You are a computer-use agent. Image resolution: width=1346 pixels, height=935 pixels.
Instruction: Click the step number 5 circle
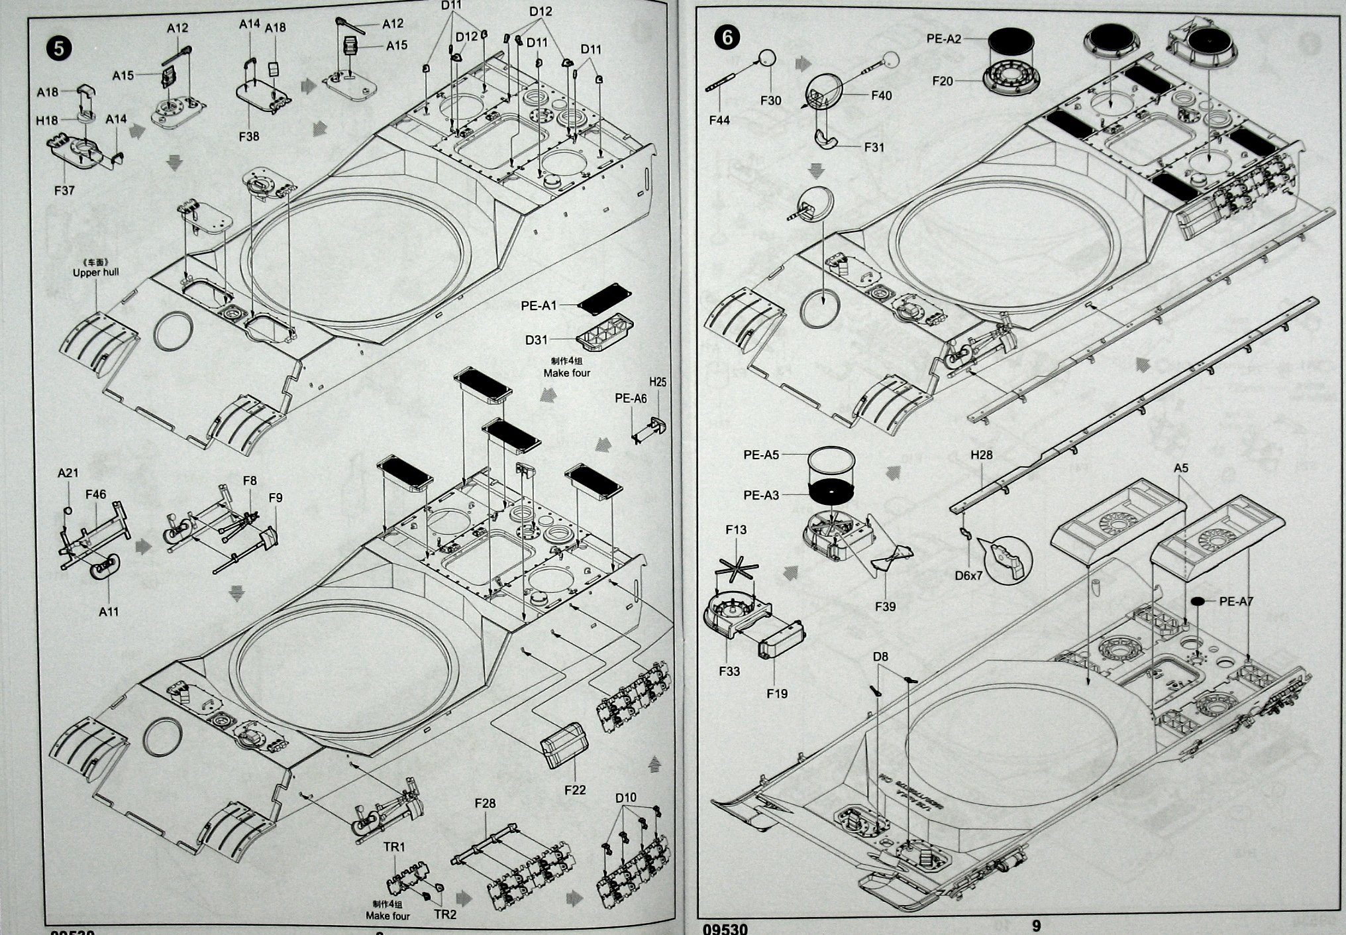tap(59, 48)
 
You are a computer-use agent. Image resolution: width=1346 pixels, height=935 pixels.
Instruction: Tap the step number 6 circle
tap(727, 38)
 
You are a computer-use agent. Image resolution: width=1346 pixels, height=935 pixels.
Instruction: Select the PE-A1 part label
tap(539, 305)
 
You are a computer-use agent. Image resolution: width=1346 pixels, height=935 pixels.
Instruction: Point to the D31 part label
tap(536, 340)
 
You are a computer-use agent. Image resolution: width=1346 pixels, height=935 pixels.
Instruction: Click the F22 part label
tap(575, 790)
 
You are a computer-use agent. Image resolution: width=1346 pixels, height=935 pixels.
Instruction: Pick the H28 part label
tap(982, 455)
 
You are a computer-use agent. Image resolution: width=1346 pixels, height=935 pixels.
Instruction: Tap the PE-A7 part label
tap(1236, 601)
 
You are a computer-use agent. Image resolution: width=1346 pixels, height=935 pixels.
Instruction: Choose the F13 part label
tap(736, 529)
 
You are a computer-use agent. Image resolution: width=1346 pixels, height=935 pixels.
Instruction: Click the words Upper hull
tap(96, 272)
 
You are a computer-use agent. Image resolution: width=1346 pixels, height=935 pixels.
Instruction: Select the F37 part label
tap(64, 190)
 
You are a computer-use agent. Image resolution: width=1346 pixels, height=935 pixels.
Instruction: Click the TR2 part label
tap(445, 914)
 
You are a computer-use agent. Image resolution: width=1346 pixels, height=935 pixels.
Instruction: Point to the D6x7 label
tap(968, 576)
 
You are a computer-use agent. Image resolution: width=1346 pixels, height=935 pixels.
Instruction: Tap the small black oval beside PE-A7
tap(1198, 601)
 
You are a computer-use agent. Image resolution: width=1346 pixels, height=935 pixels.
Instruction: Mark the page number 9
tap(1037, 926)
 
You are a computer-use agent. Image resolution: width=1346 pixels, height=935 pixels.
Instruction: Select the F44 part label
tap(719, 120)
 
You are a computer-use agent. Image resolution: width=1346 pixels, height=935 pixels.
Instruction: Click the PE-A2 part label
tap(943, 39)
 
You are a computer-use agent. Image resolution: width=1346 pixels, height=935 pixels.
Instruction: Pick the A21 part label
tap(68, 472)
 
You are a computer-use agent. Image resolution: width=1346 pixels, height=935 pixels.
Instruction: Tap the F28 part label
tap(485, 803)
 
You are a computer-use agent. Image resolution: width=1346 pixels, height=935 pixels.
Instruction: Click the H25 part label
tap(657, 382)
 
